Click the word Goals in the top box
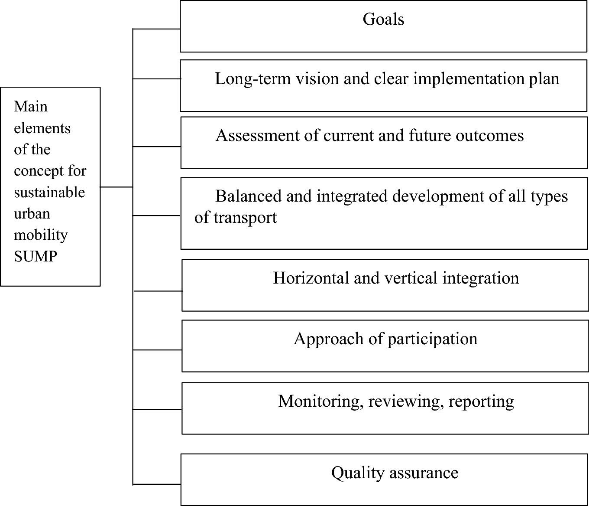(x=383, y=20)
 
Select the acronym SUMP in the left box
(x=36, y=257)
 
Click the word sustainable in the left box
(x=49, y=193)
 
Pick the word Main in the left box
(x=31, y=107)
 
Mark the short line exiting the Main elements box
(x=116, y=187)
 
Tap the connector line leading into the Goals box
(x=156, y=29)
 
